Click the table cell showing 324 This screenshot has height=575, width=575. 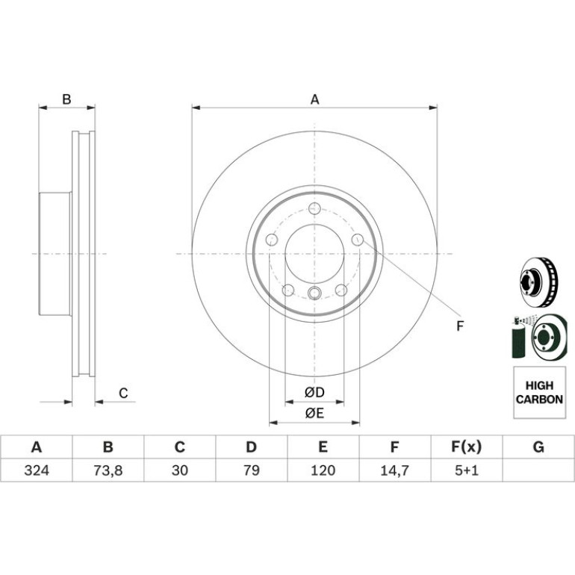click(x=37, y=470)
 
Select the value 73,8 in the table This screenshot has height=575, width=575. click(x=108, y=470)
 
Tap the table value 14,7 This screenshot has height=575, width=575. click(x=394, y=470)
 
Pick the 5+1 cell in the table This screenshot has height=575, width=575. click(x=467, y=470)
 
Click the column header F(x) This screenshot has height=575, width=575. click(x=466, y=447)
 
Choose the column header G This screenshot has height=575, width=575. click(x=538, y=447)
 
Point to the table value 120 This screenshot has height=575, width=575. click(x=323, y=470)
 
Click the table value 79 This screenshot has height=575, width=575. click(x=252, y=470)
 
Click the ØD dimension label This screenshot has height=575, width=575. click(x=314, y=393)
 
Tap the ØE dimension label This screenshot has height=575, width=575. click(x=314, y=414)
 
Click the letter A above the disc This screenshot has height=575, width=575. click(x=314, y=99)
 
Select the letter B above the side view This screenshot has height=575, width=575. click(x=66, y=99)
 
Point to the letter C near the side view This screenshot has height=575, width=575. click(x=123, y=393)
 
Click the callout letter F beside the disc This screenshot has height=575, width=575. click(x=460, y=326)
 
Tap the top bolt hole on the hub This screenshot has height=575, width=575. click(x=314, y=208)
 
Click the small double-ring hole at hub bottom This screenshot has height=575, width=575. click(x=314, y=293)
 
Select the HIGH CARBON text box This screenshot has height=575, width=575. click(x=539, y=392)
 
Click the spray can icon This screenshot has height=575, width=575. click(x=518, y=337)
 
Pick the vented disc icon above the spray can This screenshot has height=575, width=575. click(x=538, y=282)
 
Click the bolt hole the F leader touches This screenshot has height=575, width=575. click(x=358, y=240)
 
